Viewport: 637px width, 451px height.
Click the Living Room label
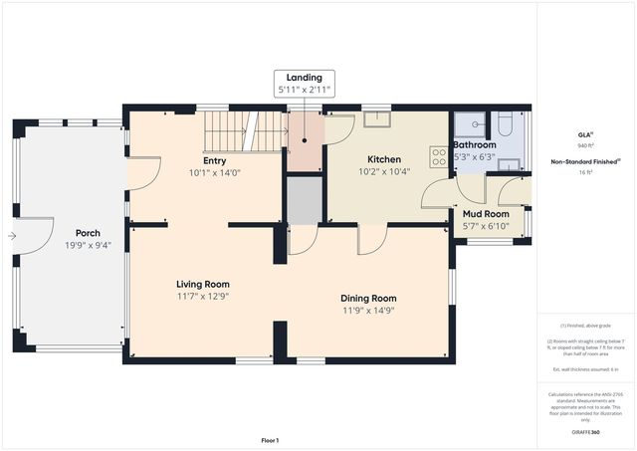pyautogui.click(x=203, y=284)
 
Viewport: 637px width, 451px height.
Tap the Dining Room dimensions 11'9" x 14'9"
pyautogui.click(x=369, y=310)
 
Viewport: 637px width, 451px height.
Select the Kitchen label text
pyautogui.click(x=383, y=159)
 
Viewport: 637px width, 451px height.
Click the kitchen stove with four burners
pyautogui.click(x=437, y=156)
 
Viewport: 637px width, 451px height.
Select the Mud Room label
pyautogui.click(x=486, y=213)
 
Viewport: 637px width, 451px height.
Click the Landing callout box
pyautogui.click(x=305, y=84)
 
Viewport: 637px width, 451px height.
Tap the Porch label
pyautogui.click(x=88, y=233)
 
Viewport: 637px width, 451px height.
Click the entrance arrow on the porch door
pyautogui.click(x=11, y=236)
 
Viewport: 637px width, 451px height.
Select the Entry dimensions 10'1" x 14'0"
pyautogui.click(x=214, y=172)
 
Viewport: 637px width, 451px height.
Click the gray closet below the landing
pyautogui.click(x=305, y=199)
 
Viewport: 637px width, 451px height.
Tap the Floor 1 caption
pyautogui.click(x=270, y=440)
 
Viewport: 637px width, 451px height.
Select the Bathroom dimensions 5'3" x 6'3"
pyautogui.click(x=475, y=156)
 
